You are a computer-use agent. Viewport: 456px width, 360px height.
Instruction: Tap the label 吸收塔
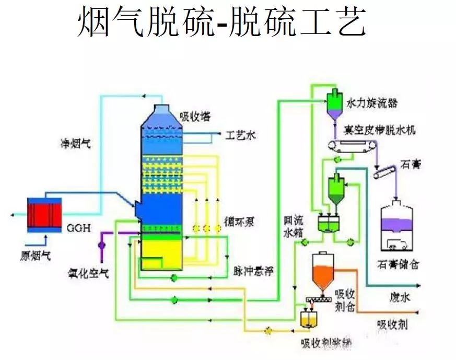[194, 116]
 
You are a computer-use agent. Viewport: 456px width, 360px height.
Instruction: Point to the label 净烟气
[74, 142]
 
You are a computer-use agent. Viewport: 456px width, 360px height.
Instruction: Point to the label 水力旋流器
[371, 103]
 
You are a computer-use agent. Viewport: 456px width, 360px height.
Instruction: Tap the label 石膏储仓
[401, 264]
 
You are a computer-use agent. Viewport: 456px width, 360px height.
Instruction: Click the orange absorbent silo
[323, 274]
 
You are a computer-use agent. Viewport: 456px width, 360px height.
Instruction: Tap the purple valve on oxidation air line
[101, 243]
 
